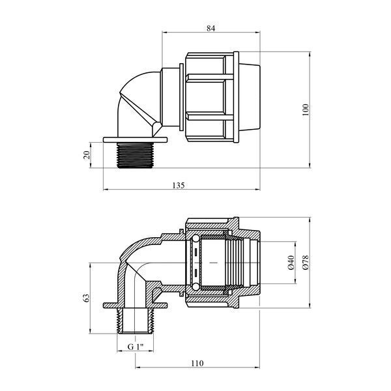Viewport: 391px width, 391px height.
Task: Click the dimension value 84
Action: click(x=210, y=29)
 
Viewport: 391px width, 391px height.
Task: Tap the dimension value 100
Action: click(x=306, y=109)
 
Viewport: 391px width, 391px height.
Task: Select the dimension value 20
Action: click(x=86, y=155)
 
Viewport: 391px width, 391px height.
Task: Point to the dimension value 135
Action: click(x=179, y=185)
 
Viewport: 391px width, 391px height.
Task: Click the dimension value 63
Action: click(x=86, y=298)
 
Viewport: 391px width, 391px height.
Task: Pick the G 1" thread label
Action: click(x=136, y=347)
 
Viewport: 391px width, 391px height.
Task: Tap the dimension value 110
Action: click(x=197, y=364)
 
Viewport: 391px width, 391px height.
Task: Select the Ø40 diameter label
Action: click(x=291, y=263)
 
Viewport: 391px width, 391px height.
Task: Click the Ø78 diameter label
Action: click(x=306, y=263)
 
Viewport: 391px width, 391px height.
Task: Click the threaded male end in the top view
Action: click(x=135, y=155)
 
